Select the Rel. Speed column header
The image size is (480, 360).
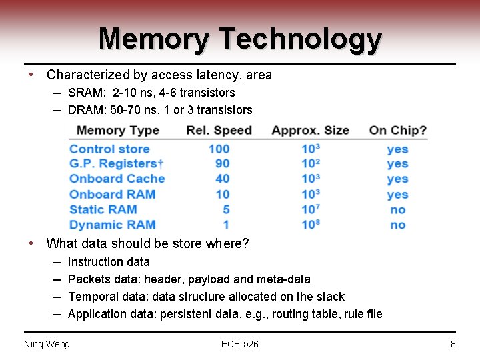coord(219,130)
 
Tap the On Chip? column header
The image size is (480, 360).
coord(398,130)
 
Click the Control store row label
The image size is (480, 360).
coord(109,149)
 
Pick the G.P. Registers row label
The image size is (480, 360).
coord(117,163)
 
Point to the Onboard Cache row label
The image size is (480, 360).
coord(117,179)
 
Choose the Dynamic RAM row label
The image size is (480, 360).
coord(112,225)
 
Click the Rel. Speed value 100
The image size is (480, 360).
coord(219,149)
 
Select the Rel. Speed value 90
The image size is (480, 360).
coord(222,163)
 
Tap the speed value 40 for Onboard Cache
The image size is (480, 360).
coord(222,179)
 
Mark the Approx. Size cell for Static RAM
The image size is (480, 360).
coord(311,209)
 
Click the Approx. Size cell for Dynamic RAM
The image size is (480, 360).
coord(311,225)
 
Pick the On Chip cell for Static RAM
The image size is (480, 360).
coord(397,209)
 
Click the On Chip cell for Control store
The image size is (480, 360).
coord(397,149)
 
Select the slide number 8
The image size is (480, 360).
coord(453,344)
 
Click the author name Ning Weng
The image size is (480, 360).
coord(47,344)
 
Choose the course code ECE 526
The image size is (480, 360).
coord(240,344)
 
